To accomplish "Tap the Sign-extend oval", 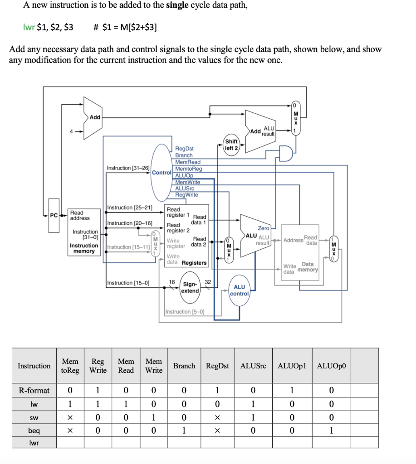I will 190,288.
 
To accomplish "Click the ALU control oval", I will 239,290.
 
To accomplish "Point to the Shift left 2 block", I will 231,145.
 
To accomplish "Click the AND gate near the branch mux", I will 286,154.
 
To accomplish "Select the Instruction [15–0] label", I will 126,283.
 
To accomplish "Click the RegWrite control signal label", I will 186,195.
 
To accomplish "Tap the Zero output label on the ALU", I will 263,228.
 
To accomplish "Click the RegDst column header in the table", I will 217,366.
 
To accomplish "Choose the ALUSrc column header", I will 253,366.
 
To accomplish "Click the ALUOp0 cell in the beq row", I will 331,430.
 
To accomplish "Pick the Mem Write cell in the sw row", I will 154,417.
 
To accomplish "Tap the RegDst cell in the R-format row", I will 217,390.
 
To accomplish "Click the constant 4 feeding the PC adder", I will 71,132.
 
